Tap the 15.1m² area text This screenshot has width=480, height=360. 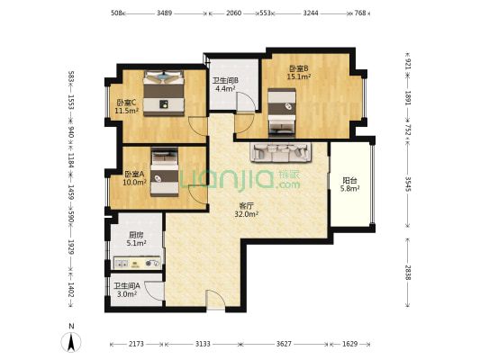point(299,76)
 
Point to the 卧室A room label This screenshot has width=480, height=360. point(134,174)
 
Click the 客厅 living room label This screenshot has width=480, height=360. point(246,206)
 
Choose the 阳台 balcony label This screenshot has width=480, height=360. point(349,181)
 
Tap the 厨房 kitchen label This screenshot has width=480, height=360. point(136,235)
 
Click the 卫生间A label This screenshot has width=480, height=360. point(127,285)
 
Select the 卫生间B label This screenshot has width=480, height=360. point(226,80)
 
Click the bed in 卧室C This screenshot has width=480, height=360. point(164,93)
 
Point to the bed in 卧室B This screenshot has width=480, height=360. point(282,112)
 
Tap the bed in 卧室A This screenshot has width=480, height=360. point(165,172)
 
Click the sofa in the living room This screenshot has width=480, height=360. point(281,152)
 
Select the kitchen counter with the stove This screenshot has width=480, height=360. point(137,263)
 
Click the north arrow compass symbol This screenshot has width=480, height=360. point(71,342)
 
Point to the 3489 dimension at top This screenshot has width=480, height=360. point(165,13)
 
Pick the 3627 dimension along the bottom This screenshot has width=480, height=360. point(284,344)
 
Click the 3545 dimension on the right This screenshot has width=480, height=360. point(408,184)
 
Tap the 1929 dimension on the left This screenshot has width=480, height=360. point(71,247)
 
